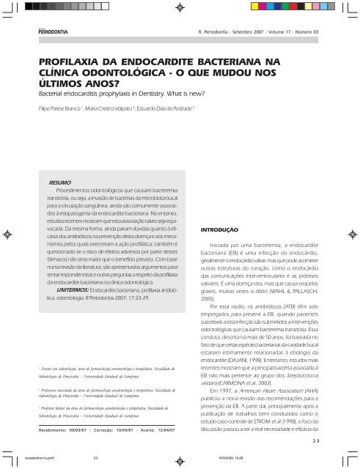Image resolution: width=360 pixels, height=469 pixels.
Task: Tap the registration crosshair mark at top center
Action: (180, 10)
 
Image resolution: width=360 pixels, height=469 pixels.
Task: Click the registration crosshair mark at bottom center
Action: (180, 460)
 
